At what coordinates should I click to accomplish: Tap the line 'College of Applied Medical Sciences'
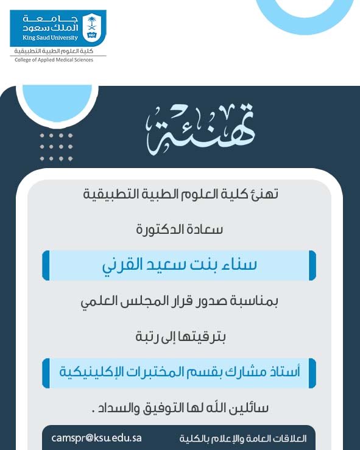pos(54,60)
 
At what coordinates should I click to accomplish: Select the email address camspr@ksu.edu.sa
pos(97,438)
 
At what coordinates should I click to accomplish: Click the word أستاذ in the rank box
pos(283,371)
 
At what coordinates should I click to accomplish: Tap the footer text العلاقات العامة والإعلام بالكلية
pos(243,438)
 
